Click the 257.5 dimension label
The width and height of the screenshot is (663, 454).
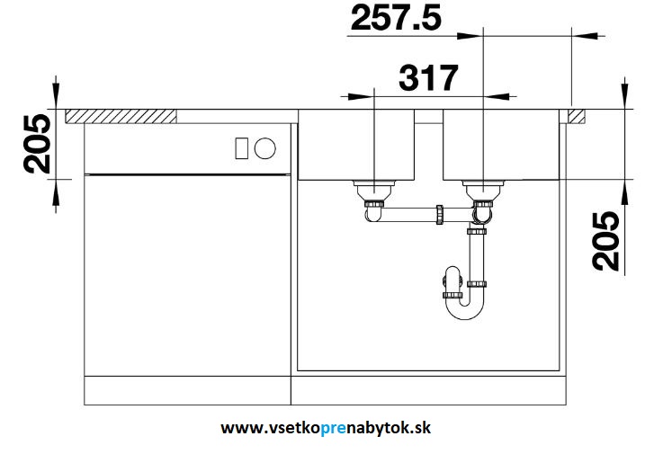click(x=396, y=18)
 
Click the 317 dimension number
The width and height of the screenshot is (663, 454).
click(x=428, y=78)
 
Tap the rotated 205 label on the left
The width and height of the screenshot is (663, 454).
click(x=37, y=144)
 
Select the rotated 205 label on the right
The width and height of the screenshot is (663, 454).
click(x=605, y=241)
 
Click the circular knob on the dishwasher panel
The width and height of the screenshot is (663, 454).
click(x=265, y=148)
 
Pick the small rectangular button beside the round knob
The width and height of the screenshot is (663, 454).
click(x=241, y=148)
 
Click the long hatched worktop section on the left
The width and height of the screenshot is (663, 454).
click(x=121, y=116)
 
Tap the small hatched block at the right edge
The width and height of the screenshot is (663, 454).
click(x=577, y=116)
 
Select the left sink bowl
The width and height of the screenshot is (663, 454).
click(x=356, y=145)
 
